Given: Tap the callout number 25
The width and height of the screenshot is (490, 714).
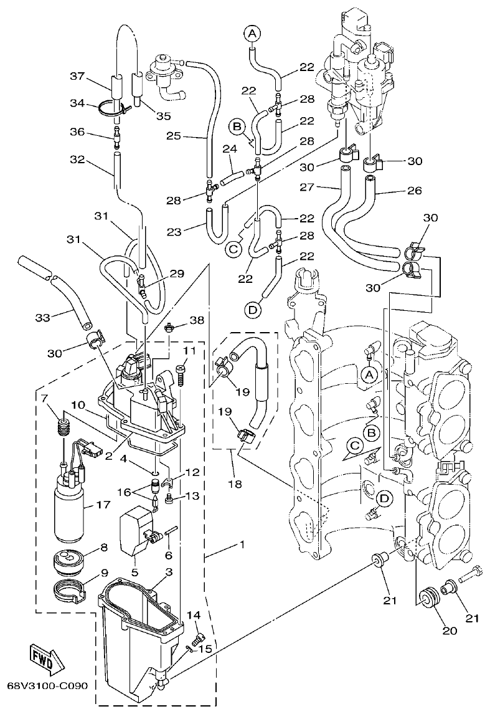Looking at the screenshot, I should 174,135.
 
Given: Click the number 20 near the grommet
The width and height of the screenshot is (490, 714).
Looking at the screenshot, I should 450,630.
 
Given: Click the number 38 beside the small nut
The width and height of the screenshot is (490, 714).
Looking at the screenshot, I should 197,320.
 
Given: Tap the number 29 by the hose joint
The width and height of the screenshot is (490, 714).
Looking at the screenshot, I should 177,274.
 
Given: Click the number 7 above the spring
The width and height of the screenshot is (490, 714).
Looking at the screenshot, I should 44,397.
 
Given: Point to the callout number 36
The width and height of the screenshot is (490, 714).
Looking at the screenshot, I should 77,133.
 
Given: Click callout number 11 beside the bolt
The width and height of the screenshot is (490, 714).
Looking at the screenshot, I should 189,352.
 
